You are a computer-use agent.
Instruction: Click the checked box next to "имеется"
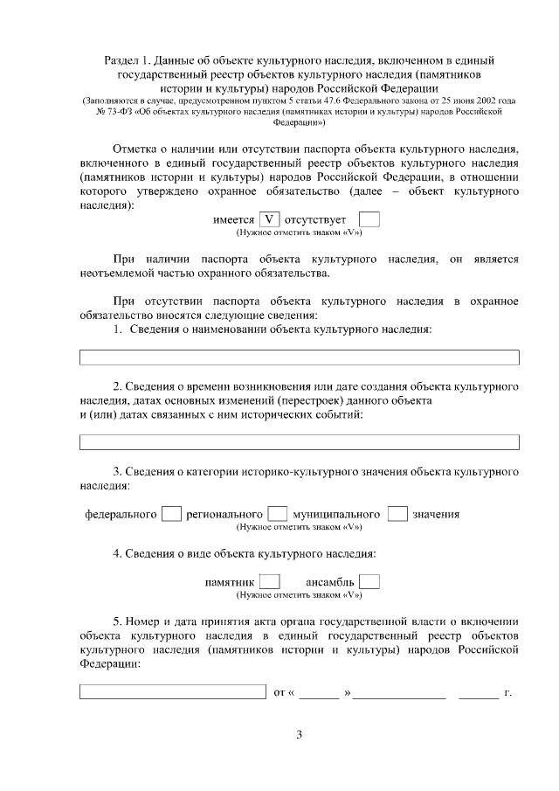coord(269,220)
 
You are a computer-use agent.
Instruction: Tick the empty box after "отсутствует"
coord(369,220)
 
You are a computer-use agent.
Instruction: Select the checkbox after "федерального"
coord(172,514)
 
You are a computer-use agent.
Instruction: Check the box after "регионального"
coord(278,514)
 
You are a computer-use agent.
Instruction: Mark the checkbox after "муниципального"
coord(397,514)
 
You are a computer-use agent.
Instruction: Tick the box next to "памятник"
coord(270,581)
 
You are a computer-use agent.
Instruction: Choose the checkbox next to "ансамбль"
coord(369,581)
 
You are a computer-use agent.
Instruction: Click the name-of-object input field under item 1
coord(299,357)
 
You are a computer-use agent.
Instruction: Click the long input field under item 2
coord(299,442)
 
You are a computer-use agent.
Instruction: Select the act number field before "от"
coord(172,692)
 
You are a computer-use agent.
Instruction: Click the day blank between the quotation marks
coord(321,693)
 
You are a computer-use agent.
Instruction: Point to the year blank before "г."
coord(479,693)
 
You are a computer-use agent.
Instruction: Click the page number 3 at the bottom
coord(299,734)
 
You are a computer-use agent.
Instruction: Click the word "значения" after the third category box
coord(436,514)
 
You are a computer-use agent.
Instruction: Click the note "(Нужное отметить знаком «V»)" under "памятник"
coord(299,594)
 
